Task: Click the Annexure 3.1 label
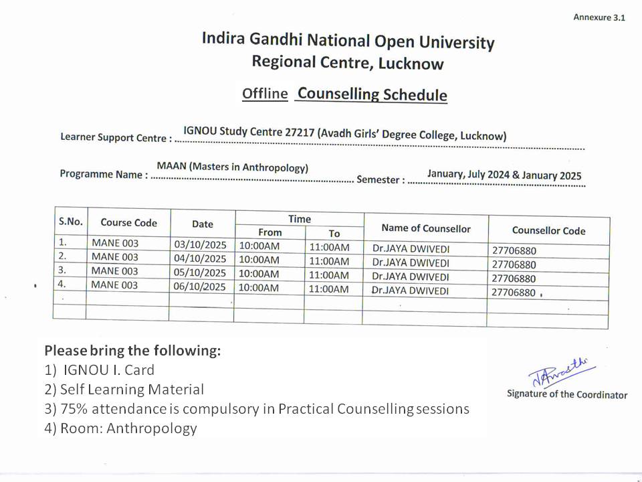click(599, 17)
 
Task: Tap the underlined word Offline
click(265, 94)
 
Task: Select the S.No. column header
click(70, 222)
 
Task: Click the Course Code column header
click(128, 223)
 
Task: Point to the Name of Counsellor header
click(425, 228)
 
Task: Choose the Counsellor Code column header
click(548, 231)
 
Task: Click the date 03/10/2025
click(200, 244)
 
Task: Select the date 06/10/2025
click(200, 287)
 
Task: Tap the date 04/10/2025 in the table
click(200, 258)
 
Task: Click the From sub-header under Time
click(270, 232)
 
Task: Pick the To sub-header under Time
click(334, 234)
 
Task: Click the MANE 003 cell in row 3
click(114, 271)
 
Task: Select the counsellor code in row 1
click(514, 251)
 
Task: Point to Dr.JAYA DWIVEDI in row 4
click(410, 291)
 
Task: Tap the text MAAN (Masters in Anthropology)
click(233, 167)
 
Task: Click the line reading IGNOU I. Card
click(108, 370)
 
